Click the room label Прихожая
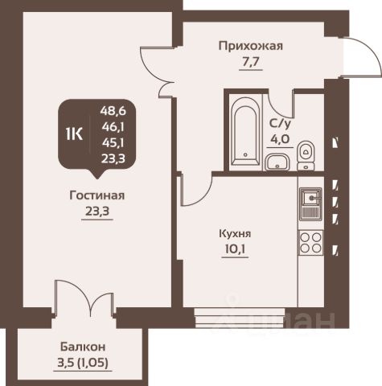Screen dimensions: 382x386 251,46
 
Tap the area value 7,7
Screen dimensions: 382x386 251,62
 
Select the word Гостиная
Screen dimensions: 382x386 97,195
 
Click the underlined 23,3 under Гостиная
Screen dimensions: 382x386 97,211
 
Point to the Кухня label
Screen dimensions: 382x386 235,234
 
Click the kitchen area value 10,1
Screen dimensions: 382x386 235,249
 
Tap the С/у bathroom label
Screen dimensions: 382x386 280,124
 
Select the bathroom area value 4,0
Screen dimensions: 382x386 280,139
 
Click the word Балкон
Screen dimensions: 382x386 83,347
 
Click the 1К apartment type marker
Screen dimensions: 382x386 74,134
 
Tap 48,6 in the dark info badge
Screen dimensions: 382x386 113,111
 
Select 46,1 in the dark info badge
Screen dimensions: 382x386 113,127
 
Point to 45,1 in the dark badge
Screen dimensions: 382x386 113,143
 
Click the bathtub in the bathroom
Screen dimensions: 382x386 245,131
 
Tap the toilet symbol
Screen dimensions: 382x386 306,155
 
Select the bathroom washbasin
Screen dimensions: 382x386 277,162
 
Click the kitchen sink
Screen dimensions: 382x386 311,203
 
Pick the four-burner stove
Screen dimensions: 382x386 311,243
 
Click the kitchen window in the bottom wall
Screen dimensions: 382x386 240,318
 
